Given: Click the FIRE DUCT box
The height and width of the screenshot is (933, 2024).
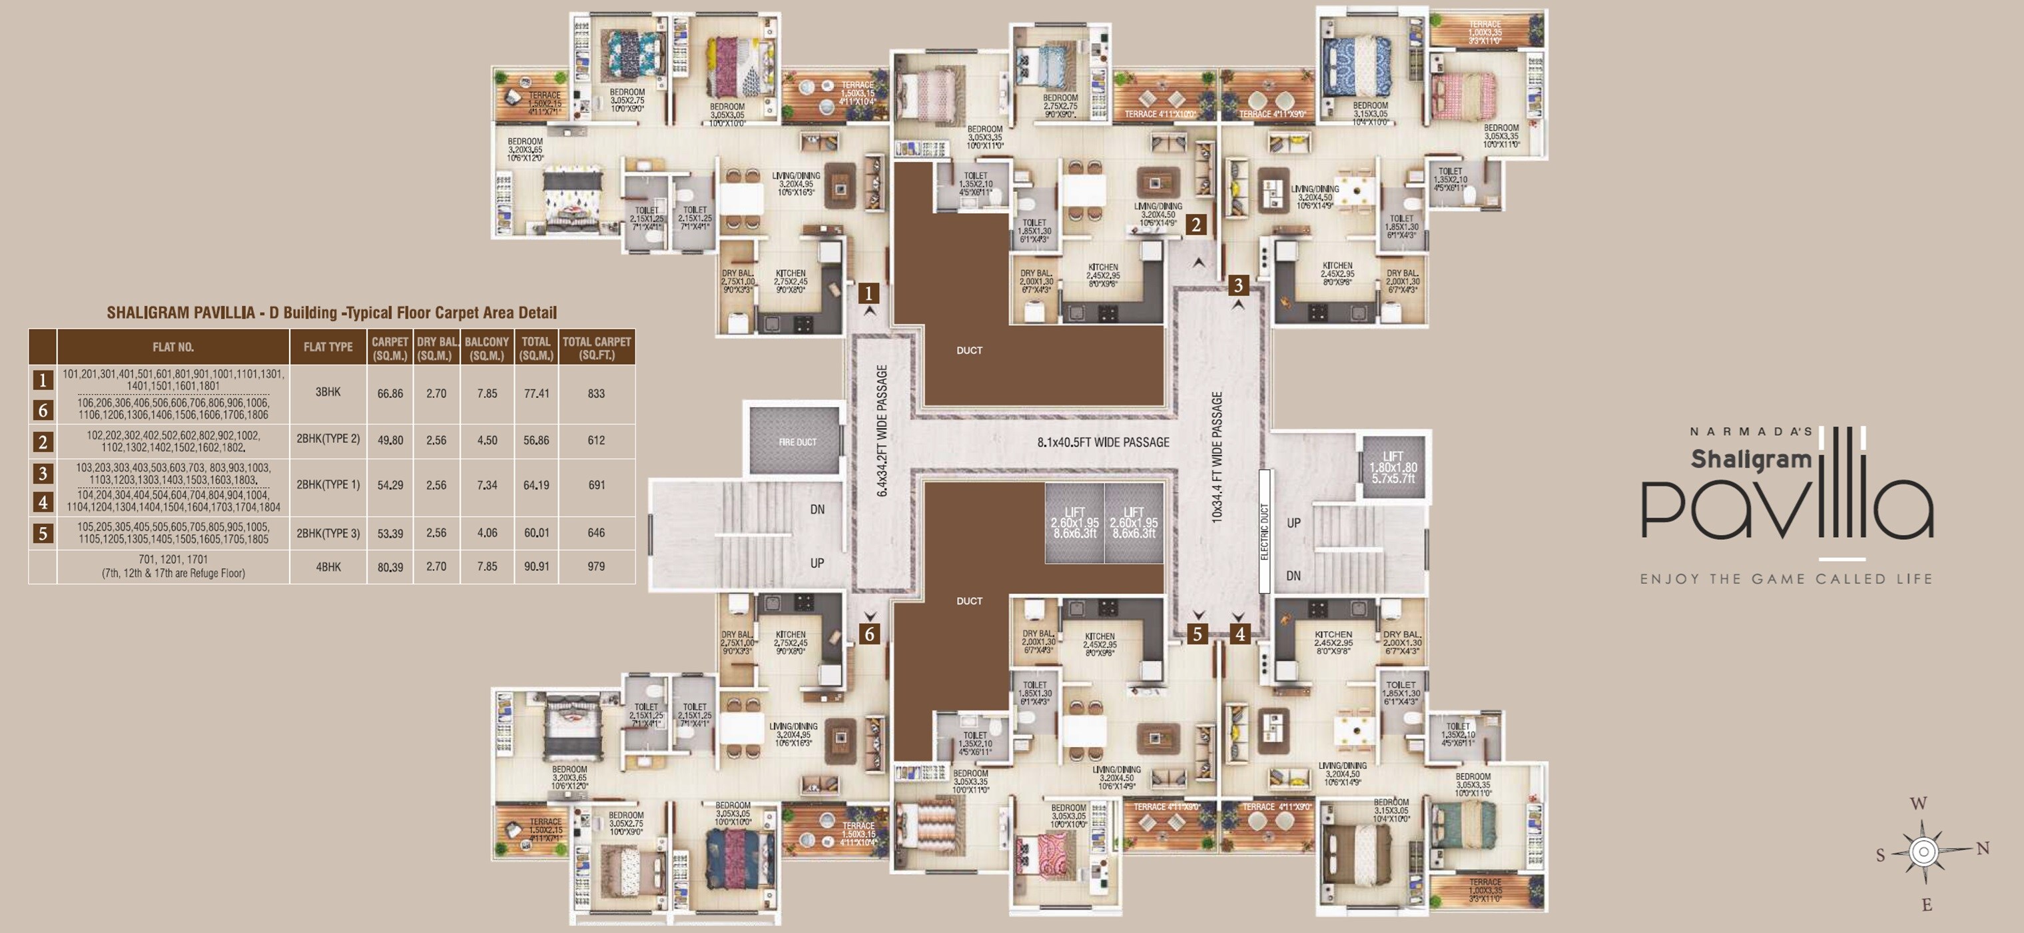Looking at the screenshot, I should [797, 441].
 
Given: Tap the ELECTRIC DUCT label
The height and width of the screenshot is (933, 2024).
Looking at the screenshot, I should [1264, 531].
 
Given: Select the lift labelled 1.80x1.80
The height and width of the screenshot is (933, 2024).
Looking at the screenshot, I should [1393, 467].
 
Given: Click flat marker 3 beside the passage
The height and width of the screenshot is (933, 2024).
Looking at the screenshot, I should [1238, 285].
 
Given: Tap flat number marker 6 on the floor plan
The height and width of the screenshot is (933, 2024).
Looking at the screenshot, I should [868, 634].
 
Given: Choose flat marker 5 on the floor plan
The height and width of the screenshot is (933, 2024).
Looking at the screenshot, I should [1197, 634].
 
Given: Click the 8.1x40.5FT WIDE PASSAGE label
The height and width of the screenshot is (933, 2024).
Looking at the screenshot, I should [1102, 443].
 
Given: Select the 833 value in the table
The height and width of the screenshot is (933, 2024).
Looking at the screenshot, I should [596, 393].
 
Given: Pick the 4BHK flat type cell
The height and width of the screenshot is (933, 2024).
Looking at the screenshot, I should [328, 566].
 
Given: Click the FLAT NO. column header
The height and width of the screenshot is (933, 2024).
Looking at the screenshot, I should [173, 347].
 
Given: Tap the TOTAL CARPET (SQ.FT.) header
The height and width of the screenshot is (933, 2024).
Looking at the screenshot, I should [596, 347].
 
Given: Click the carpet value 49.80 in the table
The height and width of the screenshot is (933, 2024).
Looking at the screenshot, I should [390, 440].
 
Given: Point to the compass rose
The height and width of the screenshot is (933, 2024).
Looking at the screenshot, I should [1923, 851].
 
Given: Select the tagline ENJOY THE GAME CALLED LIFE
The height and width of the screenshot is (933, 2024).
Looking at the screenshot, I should [1785, 579].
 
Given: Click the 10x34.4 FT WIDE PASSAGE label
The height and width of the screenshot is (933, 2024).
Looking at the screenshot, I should [1217, 457].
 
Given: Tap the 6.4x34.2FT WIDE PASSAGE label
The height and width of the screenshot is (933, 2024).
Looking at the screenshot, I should [882, 431].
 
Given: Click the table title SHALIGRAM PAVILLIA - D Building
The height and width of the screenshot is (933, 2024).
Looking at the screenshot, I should [332, 313].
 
